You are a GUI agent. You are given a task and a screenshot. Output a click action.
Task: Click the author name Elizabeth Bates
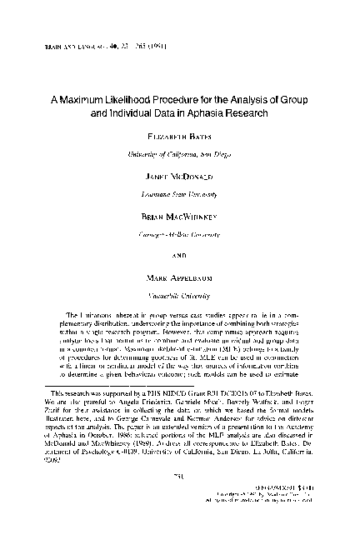coord(179,138)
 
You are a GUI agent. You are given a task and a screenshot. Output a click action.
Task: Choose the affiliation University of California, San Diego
coord(179,154)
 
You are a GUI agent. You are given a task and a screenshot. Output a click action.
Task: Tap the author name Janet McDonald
coord(179,177)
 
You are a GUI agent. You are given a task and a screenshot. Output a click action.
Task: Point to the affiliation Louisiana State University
coord(179,192)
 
